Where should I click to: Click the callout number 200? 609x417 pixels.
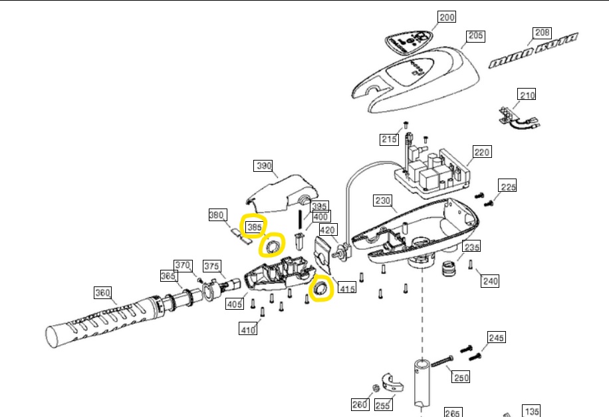click(x=447, y=17)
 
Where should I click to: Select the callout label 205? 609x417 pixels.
click(x=475, y=35)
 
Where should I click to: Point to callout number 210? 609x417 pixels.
click(x=527, y=96)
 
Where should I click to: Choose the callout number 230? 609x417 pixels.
click(x=384, y=200)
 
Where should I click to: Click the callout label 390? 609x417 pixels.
click(x=264, y=165)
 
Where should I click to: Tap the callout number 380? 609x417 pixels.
click(x=217, y=215)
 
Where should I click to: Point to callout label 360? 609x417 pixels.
click(x=103, y=292)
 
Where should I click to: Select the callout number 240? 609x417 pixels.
click(x=490, y=281)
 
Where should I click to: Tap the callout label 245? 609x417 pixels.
click(x=497, y=338)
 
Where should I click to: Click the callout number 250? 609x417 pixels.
click(x=461, y=377)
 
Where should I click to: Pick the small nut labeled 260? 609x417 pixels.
click(x=375, y=388)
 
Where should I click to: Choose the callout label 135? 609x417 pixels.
click(x=531, y=411)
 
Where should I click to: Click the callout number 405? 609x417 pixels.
click(x=234, y=304)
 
